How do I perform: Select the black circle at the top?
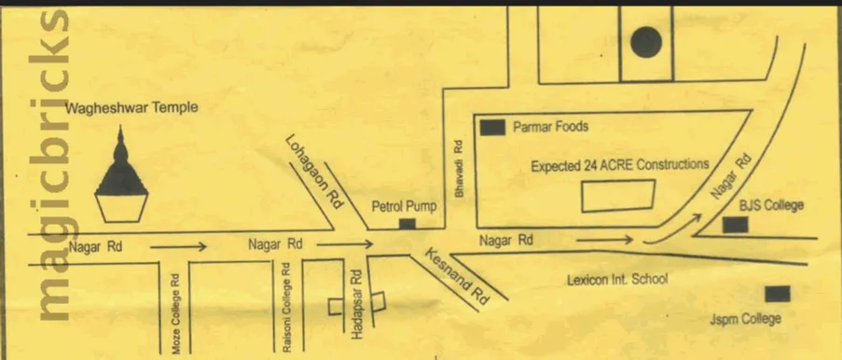tap(645, 42)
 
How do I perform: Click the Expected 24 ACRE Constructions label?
tap(620, 165)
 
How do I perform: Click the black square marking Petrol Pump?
tap(407, 224)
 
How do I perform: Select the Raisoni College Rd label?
tap(285, 307)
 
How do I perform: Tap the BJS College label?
tap(771, 205)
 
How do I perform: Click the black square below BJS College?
tap(735, 225)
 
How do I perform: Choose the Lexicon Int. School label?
tap(618, 279)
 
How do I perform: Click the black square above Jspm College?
tap(777, 294)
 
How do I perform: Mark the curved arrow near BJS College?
tap(671, 227)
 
